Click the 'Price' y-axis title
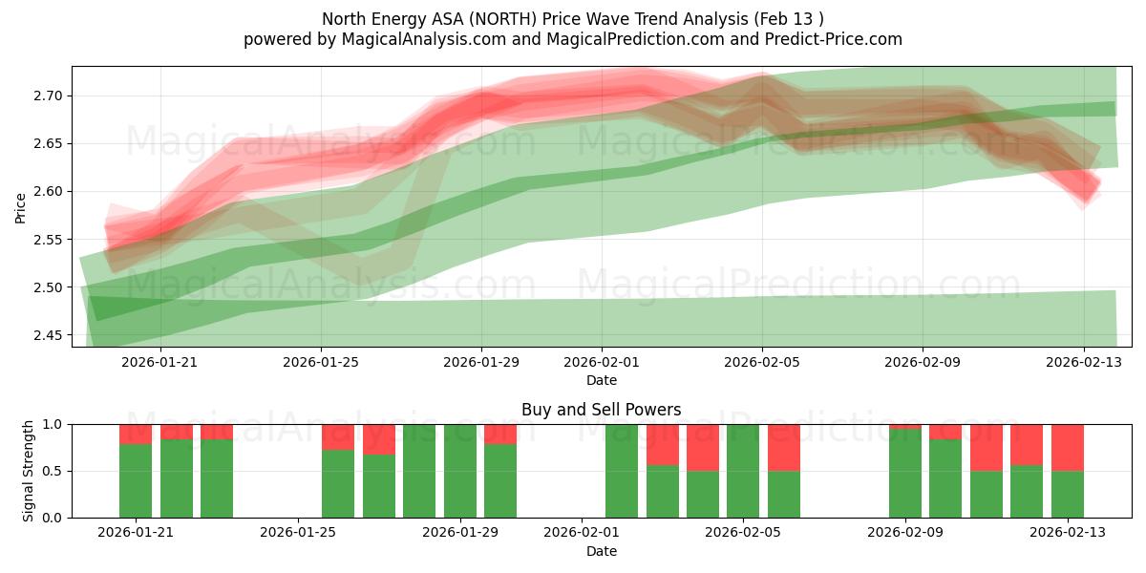(x=21, y=207)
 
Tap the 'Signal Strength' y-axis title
(x=29, y=471)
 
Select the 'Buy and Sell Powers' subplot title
(x=601, y=410)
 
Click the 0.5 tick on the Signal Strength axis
(x=51, y=471)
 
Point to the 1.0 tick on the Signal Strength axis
(x=51, y=424)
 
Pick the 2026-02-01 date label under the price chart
(x=602, y=362)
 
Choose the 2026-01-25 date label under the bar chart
(x=299, y=532)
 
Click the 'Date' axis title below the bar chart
(x=601, y=551)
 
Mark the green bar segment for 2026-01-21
(x=136, y=481)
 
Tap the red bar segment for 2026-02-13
(x=1067, y=447)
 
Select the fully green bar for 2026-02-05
(x=743, y=471)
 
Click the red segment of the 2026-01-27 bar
(x=379, y=439)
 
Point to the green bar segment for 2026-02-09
(x=905, y=474)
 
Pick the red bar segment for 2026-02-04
(x=703, y=447)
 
